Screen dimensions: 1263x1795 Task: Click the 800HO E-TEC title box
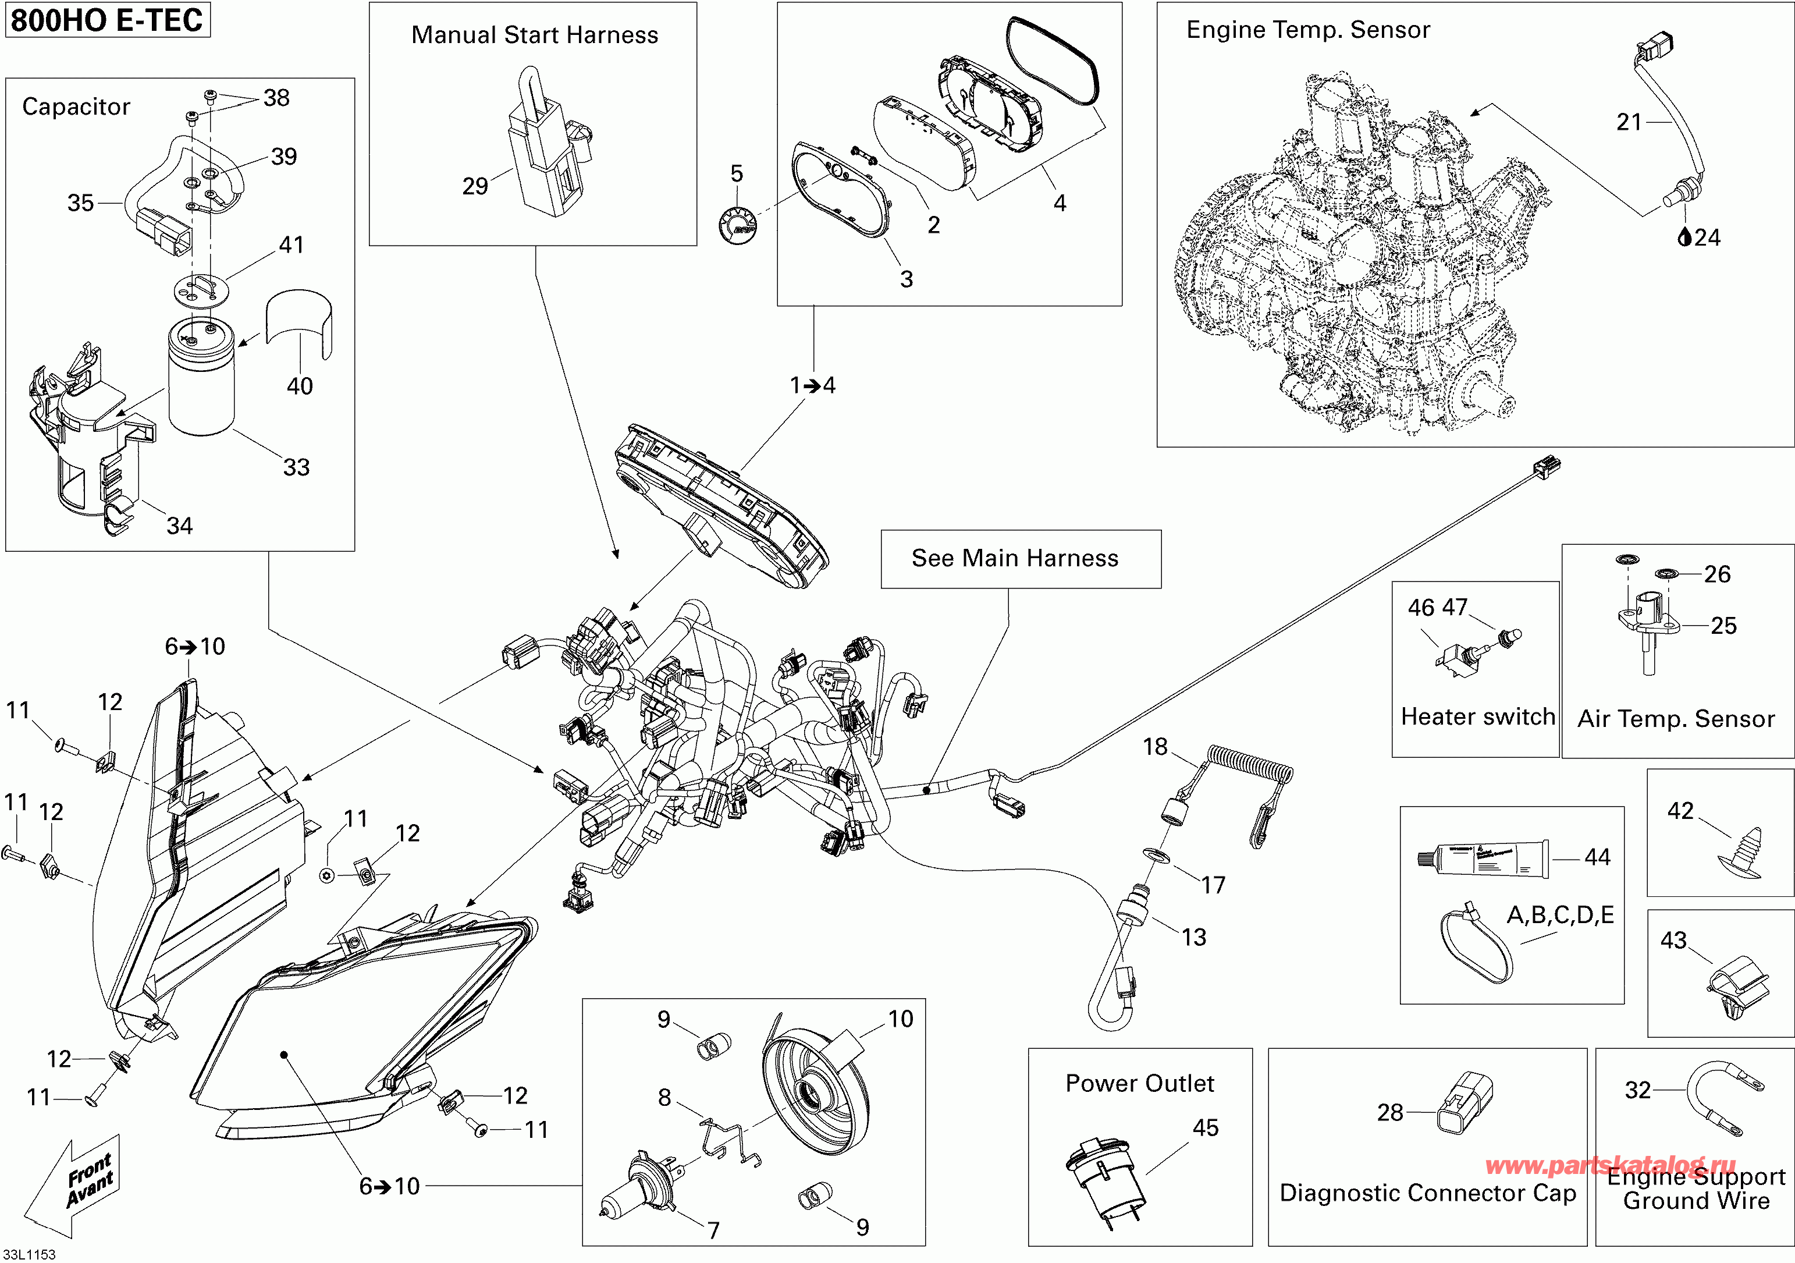(107, 20)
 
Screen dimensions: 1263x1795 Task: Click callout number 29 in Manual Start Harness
(475, 186)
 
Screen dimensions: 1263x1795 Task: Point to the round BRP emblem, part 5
(737, 225)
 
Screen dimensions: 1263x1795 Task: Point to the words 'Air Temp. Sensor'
(1675, 719)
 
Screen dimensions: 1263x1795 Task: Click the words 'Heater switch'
(1477, 716)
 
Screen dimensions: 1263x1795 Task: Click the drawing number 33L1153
(29, 1254)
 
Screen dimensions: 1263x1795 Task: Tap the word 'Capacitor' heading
(76, 107)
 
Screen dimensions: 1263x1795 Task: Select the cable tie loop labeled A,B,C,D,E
(1474, 947)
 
